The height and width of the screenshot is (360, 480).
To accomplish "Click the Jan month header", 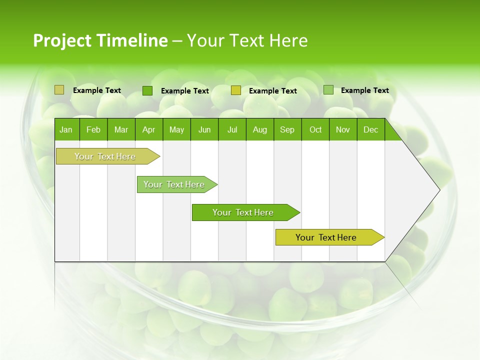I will (66, 129).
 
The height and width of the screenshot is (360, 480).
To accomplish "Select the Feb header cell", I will (93, 129).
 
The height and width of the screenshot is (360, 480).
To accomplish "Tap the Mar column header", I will (121, 129).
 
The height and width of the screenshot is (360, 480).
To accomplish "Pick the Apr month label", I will (149, 129).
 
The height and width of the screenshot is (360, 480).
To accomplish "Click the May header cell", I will (176, 129).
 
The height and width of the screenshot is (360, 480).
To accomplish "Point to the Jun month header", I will (204, 129).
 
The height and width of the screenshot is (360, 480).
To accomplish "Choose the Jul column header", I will (232, 129).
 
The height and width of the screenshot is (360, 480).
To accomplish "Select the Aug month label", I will (260, 129).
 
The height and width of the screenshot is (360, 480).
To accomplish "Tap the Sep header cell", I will (287, 129).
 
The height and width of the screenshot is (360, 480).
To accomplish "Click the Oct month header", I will (315, 129).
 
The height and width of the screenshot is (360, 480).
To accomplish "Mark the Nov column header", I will (343, 129).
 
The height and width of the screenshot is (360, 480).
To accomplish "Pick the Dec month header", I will (371, 129).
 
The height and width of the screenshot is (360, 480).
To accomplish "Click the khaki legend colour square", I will (59, 90).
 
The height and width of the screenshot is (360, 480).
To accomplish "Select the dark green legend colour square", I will (147, 90).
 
